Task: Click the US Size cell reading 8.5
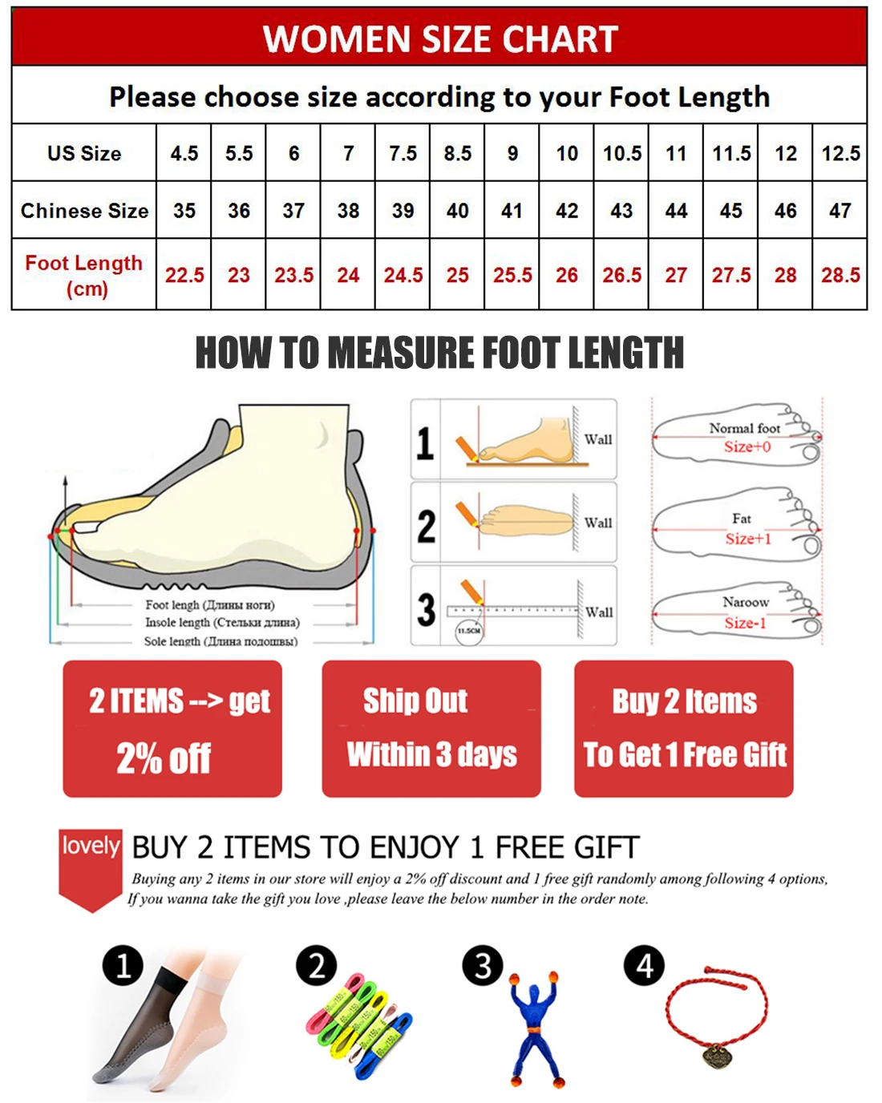tap(458, 153)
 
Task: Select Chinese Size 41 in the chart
tap(512, 211)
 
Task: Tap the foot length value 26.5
tap(621, 275)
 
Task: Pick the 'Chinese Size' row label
tap(84, 211)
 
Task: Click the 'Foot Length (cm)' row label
tap(84, 275)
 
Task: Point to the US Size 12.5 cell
tap(840, 153)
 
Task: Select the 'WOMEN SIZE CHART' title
tap(440, 38)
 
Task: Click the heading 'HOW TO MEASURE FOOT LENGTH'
tap(439, 353)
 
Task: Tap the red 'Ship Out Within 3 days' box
tap(431, 729)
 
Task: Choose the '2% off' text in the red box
tap(164, 758)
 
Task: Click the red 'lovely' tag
tap(91, 846)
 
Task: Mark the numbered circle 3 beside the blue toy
tap(483, 966)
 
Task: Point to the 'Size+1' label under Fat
tap(748, 539)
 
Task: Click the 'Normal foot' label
tap(744, 428)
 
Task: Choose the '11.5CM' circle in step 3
tap(469, 631)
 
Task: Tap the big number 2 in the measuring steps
tap(427, 527)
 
